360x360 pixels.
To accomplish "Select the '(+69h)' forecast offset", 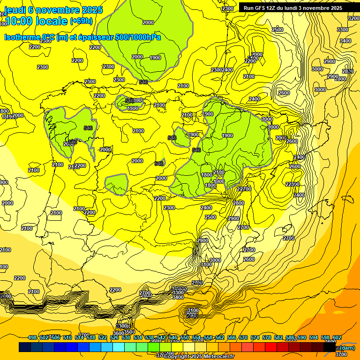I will pos(81,21).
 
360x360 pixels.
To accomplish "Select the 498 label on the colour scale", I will pos(32,338).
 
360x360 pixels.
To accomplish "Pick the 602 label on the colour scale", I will pos(337,338).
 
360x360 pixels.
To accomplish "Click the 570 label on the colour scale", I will pos(243,338).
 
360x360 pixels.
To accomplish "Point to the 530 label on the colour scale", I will pos(126,338).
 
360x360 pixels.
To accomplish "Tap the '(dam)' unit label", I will pos(347,347).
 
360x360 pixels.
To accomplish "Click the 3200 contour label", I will pos(354,18).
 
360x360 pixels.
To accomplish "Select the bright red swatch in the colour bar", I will pos(271,347).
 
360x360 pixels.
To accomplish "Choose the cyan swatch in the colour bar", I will pos(119,347).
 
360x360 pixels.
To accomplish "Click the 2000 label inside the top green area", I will pos(148,22).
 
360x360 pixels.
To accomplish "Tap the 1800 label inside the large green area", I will pos(207,175).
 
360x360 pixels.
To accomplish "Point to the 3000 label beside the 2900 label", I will pos(317,69).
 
